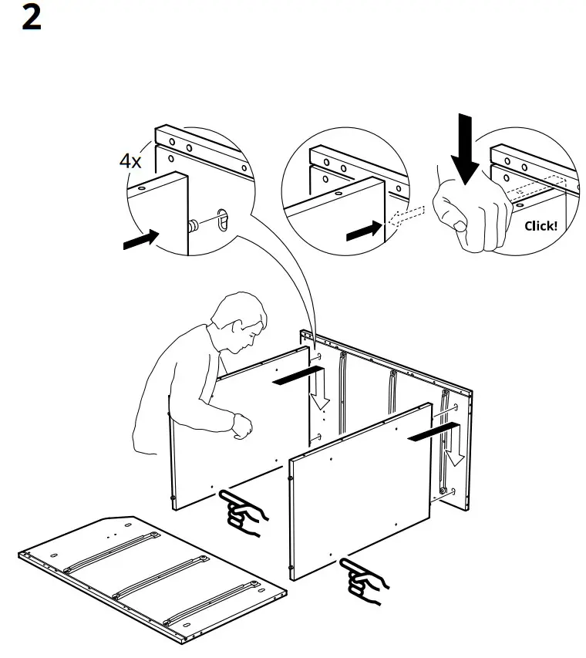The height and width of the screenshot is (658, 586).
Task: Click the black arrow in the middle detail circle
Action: pos(365,230)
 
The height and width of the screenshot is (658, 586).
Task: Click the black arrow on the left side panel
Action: pos(296,376)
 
